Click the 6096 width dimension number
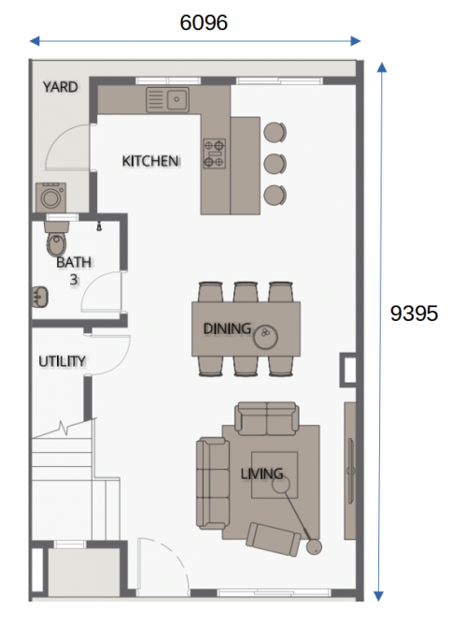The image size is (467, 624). [204, 22]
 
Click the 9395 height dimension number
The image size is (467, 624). [414, 313]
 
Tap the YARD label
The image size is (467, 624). [61, 87]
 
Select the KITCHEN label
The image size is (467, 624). [150, 161]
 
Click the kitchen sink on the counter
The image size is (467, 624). [167, 99]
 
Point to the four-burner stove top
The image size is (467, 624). [215, 153]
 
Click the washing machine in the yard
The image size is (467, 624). [50, 197]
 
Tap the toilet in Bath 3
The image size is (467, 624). [56, 239]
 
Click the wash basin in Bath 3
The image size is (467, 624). [40, 297]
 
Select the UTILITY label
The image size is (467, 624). [62, 361]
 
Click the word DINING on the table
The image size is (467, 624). [227, 328]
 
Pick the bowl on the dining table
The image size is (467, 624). [265, 337]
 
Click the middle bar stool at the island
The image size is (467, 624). [275, 164]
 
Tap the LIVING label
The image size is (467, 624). [262, 473]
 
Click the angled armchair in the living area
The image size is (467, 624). [274, 540]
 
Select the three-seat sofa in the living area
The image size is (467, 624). [213, 483]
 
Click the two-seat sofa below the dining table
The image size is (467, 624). [267, 419]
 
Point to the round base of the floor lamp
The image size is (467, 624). [314, 547]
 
